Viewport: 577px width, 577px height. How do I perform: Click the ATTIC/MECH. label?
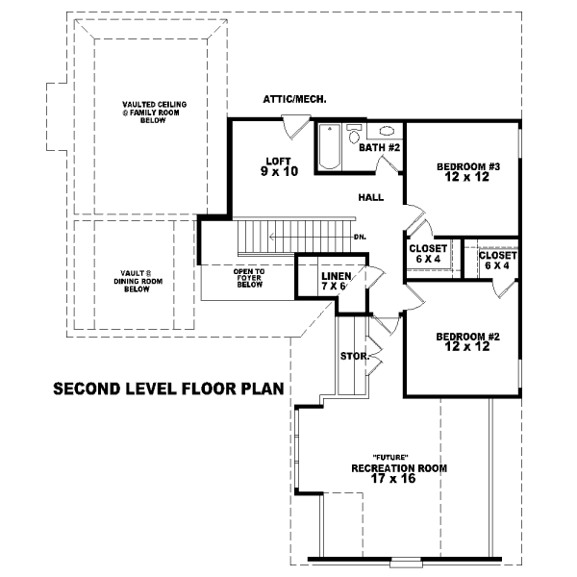[x=294, y=99]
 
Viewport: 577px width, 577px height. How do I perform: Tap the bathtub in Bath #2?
[x=329, y=146]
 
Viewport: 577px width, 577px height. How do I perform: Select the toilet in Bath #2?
[x=354, y=134]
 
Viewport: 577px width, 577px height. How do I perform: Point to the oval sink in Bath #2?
[x=387, y=131]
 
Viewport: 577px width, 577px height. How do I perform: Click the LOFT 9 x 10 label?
[x=279, y=166]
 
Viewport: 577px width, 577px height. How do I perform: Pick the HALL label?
[x=371, y=197]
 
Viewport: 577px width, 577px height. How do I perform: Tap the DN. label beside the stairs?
[x=360, y=237]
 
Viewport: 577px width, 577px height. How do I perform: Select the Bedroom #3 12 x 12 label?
[x=468, y=172]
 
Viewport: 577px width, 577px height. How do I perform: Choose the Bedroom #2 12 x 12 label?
[x=467, y=341]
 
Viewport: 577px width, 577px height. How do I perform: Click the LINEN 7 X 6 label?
[x=336, y=281]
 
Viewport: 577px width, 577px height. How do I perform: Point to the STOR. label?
[x=355, y=356]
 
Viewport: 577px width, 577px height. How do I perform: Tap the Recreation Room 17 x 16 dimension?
[x=393, y=478]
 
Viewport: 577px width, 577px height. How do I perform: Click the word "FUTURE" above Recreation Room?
[x=390, y=458]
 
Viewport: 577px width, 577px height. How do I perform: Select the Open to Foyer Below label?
[x=249, y=278]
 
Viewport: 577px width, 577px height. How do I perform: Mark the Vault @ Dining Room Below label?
[x=138, y=281]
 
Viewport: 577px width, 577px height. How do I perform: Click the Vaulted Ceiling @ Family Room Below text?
[x=154, y=113]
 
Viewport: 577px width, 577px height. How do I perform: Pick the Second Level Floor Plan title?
[x=169, y=389]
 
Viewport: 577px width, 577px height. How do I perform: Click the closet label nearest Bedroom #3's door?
[x=428, y=254]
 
